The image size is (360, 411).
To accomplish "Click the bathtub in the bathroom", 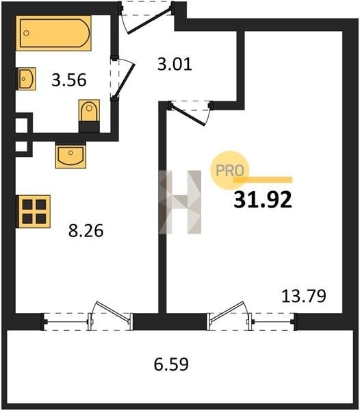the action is [x=53, y=33].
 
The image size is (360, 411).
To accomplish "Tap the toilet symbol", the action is [x=89, y=116].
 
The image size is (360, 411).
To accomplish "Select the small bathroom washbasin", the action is [x=26, y=79].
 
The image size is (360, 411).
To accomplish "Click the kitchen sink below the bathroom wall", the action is [x=70, y=155].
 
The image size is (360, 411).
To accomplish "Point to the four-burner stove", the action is [x=34, y=211].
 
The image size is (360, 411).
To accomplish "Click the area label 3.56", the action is [x=69, y=80].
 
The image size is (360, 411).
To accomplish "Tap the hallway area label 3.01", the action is [x=175, y=64].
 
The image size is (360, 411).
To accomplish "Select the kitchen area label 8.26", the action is [x=86, y=231].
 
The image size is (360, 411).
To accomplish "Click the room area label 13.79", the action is [x=304, y=296].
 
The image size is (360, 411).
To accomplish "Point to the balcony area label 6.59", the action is [x=171, y=364].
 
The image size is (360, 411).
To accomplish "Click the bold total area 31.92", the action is [x=263, y=199].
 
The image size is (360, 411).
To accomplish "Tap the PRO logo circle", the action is [x=229, y=171].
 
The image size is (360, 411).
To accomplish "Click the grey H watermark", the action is [x=180, y=202].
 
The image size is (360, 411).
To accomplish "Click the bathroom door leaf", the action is [x=125, y=81].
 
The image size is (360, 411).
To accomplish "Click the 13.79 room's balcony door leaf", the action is [x=227, y=311].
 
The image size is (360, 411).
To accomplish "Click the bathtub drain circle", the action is [x=26, y=33].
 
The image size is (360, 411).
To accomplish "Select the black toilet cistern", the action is [x=89, y=127].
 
